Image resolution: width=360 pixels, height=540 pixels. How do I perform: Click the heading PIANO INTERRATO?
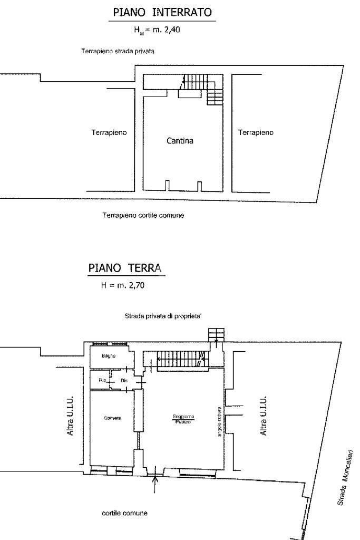[x=162, y=12]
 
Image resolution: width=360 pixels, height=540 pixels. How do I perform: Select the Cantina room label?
[x=180, y=141]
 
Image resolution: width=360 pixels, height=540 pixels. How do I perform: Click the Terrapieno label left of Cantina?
[x=109, y=132]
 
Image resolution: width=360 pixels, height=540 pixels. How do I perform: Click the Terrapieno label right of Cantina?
[x=256, y=132]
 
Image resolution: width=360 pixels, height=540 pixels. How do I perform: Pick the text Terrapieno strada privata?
[x=118, y=52]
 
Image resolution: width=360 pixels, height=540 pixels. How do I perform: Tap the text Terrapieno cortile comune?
[x=143, y=215]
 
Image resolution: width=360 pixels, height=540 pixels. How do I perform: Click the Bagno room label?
[x=108, y=355]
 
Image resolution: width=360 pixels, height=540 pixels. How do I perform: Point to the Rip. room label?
[x=102, y=380]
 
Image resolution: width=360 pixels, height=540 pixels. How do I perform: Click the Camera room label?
[x=112, y=418]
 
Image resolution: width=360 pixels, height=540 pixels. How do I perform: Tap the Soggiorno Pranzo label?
[x=183, y=419]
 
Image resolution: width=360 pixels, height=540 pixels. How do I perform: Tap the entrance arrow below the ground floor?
[x=155, y=483]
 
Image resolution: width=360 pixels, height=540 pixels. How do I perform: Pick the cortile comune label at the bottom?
[x=124, y=513]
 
